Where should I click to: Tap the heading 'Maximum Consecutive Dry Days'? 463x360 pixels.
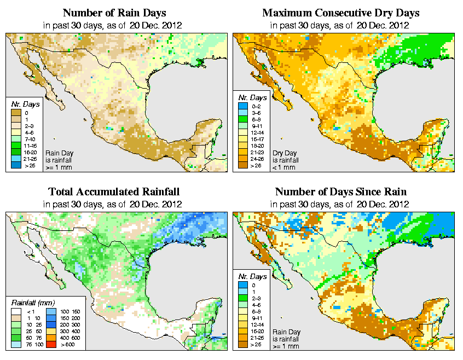click(x=340, y=13)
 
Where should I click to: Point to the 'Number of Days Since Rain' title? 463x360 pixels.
click(x=340, y=192)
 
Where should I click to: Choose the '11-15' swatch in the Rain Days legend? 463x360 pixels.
click(x=16, y=145)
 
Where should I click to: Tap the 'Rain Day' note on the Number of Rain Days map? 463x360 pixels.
click(x=59, y=153)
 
